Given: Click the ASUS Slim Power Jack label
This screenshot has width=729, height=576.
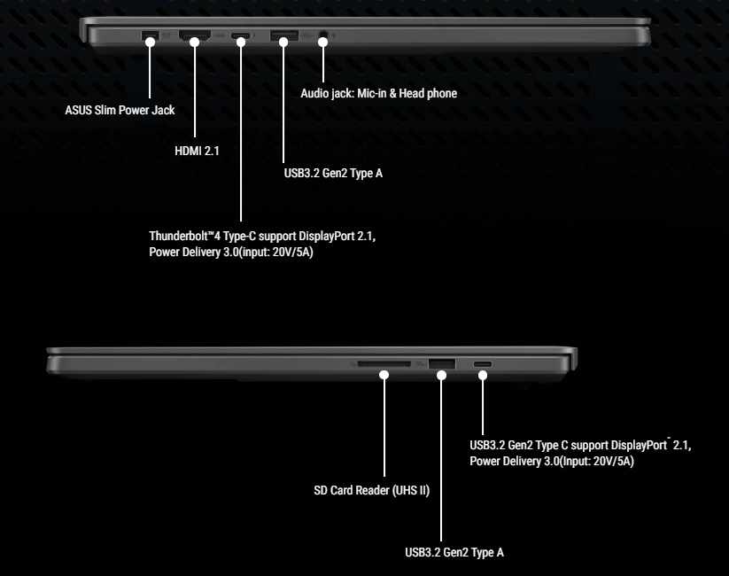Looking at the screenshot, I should point(120,111).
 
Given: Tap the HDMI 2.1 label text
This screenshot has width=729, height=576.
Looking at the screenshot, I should point(197,151).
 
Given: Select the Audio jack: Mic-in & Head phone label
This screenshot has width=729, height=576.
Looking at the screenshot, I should point(379,93).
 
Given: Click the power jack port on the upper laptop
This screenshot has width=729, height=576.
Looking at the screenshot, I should point(150,36).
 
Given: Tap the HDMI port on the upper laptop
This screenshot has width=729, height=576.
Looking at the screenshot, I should point(193,37).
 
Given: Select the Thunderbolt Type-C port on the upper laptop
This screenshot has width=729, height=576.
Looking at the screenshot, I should point(240,37).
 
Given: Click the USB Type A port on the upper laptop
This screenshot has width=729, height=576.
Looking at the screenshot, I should point(283,37).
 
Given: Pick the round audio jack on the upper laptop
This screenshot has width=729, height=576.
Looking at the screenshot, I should point(322,37).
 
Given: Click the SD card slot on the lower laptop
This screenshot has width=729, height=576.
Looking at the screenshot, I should point(384,363).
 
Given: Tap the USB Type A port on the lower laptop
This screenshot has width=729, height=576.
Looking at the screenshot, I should point(441,363).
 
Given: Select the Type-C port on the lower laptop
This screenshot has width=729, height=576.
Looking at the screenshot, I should point(483,363).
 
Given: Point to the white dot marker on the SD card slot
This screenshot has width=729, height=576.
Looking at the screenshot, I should point(384,375).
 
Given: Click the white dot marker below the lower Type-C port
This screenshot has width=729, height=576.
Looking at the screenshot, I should point(483,375).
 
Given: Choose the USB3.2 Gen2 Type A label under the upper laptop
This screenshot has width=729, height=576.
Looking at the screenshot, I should point(328,173).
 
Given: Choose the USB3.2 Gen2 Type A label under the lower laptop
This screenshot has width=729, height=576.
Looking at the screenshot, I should point(454,553).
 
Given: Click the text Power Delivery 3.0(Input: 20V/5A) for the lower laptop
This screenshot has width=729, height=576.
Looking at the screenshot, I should point(551,462).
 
